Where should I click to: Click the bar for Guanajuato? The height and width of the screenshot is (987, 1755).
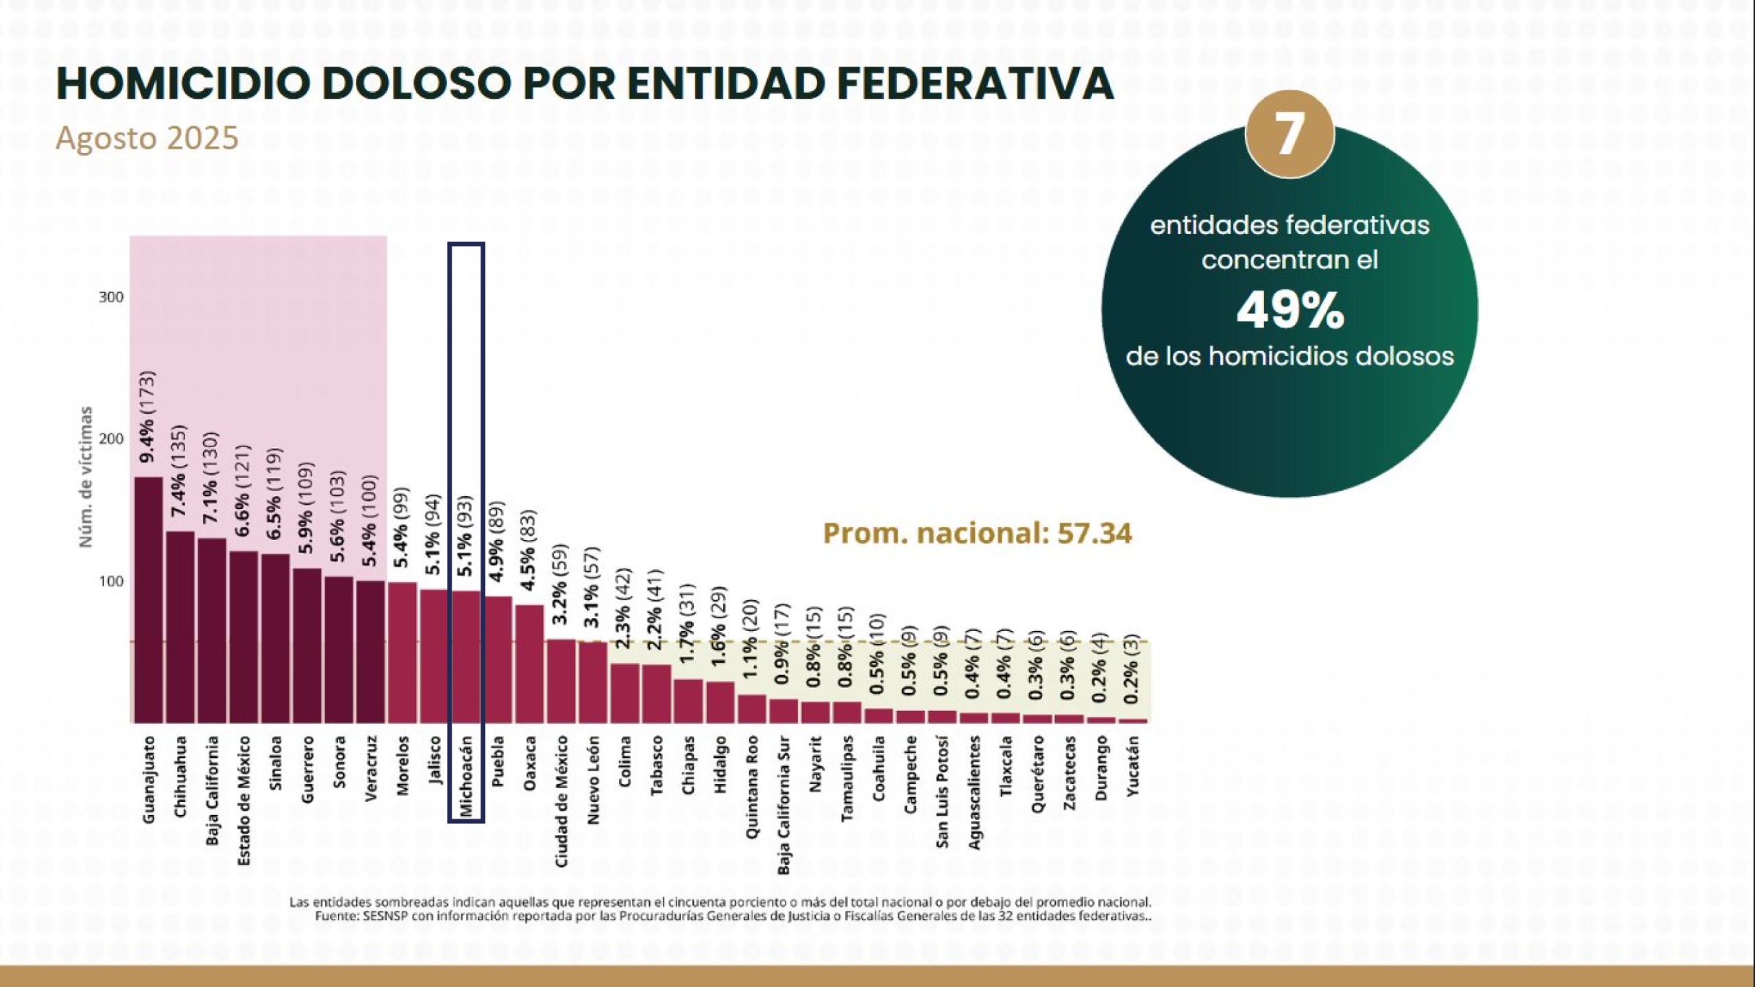pyautogui.click(x=148, y=600)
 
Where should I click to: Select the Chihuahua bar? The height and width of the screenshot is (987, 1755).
pyautogui.click(x=180, y=627)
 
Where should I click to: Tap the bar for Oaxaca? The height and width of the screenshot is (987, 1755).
pyautogui.click(x=529, y=663)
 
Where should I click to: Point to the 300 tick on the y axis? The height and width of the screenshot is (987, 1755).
pyautogui.click(x=111, y=297)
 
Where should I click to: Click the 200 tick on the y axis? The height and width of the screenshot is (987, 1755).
pyautogui.click(x=111, y=439)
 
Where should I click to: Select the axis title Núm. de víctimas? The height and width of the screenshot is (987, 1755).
pyautogui.click(x=86, y=477)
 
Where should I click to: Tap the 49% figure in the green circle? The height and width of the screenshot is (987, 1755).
pyautogui.click(x=1290, y=311)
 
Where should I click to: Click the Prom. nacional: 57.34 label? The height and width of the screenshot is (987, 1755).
pyautogui.click(x=977, y=534)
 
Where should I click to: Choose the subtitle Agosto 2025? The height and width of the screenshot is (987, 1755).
pyautogui.click(x=147, y=138)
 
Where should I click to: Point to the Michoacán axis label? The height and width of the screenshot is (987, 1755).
pyautogui.click(x=467, y=776)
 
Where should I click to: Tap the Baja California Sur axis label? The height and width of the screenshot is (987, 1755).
pyautogui.click(x=784, y=805)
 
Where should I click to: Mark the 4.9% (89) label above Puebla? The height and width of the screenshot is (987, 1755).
pyautogui.click(x=498, y=540)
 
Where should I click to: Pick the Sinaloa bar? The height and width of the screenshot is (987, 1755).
pyautogui.click(x=276, y=639)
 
